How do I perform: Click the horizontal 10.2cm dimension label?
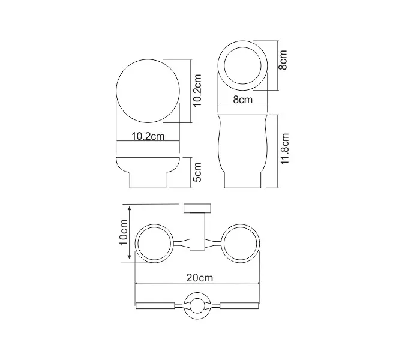(x=148, y=137)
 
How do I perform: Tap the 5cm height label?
(x=197, y=172)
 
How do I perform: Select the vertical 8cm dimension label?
(x=284, y=60)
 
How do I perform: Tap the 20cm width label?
(x=198, y=278)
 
